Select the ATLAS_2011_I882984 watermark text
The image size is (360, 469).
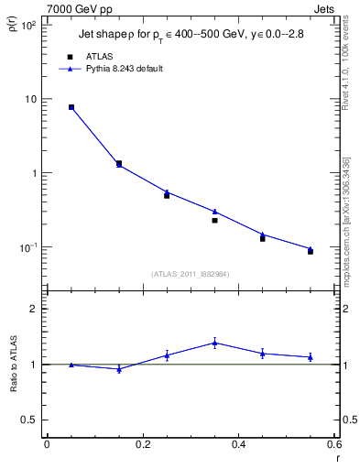[x=190, y=273]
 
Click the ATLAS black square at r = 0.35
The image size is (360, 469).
[x=214, y=220]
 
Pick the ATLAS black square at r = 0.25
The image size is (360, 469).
[x=167, y=195]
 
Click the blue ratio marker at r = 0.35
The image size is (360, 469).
[x=214, y=343]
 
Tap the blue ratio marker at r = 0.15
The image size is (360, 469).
[x=119, y=369]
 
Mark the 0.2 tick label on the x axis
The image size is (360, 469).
[x=142, y=444]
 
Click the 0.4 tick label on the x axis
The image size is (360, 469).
[x=238, y=444]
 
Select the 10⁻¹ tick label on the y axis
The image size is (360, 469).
[x=28, y=247]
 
